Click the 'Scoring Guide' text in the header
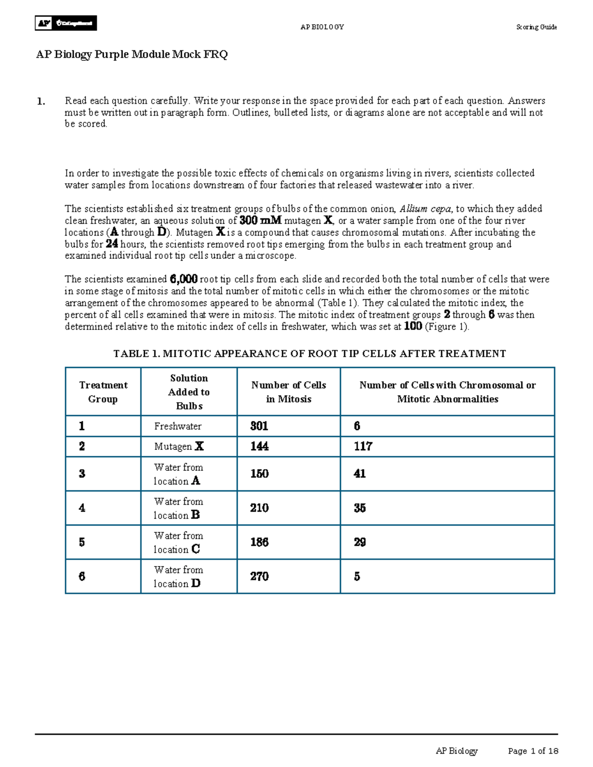tap(536, 27)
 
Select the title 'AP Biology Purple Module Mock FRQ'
tap(132, 54)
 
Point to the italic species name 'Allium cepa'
tap(425, 209)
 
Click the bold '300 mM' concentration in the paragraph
tap(260, 221)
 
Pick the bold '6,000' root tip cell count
tap(184, 280)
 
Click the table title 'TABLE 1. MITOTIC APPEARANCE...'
tap(309, 354)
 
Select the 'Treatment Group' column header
tap(103, 392)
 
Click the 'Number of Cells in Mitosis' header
tap(289, 392)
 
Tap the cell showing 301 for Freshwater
tap(259, 426)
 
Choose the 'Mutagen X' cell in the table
tap(178, 446)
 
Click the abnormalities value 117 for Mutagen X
tap(363, 446)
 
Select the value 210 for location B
tap(259, 508)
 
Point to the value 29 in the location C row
tap(360, 542)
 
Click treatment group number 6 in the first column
tap(82, 576)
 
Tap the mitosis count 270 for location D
tap(259, 576)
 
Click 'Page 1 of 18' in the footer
tap(533, 751)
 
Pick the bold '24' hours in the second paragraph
tap(112, 244)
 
